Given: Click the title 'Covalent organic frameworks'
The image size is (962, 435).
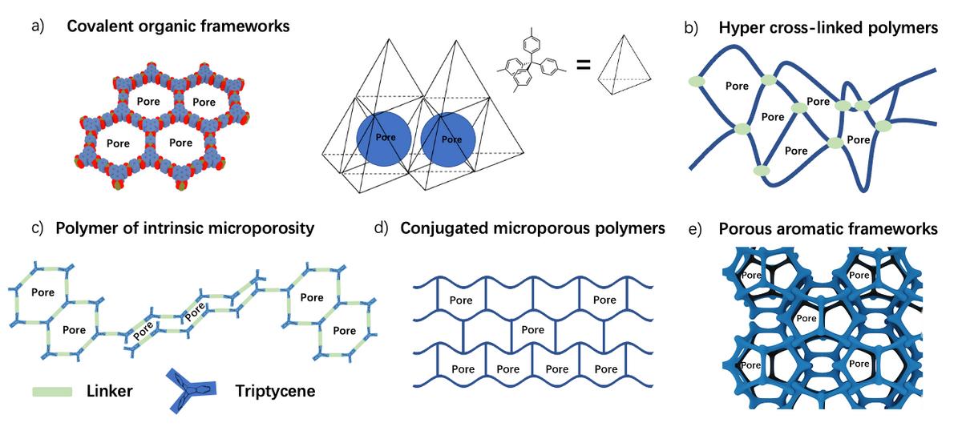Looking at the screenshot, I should (x=178, y=26).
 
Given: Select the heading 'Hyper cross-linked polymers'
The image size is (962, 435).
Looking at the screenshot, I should (x=828, y=28).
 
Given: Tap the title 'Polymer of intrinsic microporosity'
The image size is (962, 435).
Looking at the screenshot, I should (x=184, y=228).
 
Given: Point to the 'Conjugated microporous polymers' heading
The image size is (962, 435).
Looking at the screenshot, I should (x=533, y=228).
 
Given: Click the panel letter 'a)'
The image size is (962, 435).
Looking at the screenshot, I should (x=38, y=26).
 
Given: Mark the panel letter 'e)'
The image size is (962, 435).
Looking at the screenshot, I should (x=697, y=230).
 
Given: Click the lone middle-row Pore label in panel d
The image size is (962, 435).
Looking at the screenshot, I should (x=533, y=330).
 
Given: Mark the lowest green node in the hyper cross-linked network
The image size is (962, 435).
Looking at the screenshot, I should (x=762, y=171).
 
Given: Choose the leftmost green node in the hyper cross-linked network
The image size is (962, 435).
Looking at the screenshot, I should (x=696, y=82).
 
